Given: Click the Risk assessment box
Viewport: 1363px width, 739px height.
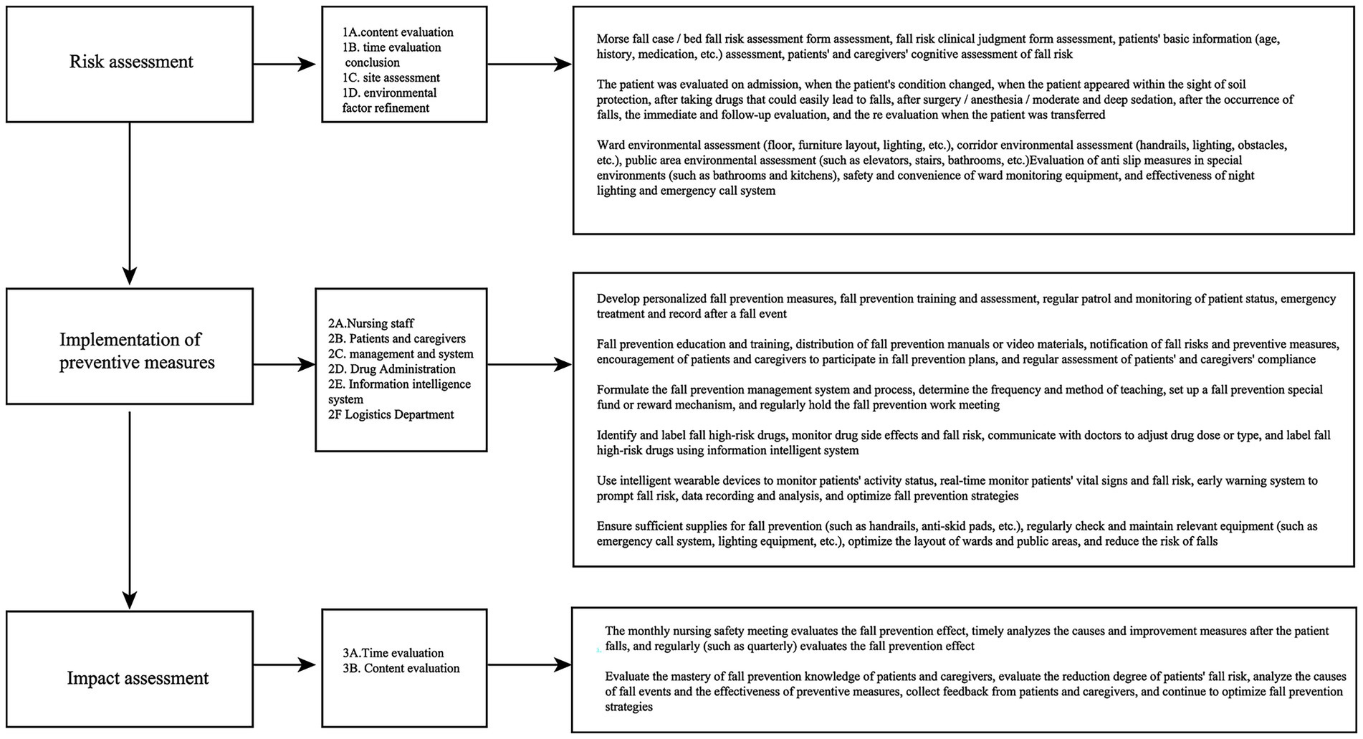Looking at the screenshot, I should click(x=130, y=63).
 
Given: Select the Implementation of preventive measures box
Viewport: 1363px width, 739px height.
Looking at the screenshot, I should click(x=130, y=350).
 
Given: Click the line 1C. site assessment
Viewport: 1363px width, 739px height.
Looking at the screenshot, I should click(x=391, y=77).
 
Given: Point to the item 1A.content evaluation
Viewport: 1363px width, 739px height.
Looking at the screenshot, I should click(x=398, y=32).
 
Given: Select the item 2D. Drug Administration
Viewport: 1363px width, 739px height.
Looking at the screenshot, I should click(x=391, y=369).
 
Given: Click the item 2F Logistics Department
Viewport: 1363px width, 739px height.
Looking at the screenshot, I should click(x=391, y=414).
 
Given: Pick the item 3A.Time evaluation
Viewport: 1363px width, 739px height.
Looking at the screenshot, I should click(x=393, y=653).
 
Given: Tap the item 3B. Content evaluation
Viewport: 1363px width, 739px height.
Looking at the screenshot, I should click(x=401, y=668).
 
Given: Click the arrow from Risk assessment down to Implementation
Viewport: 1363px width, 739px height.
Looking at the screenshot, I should click(x=130, y=204).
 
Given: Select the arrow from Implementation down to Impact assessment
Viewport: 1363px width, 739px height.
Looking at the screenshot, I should click(x=130, y=509).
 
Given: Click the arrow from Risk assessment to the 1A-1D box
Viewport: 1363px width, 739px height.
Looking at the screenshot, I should click(x=284, y=65).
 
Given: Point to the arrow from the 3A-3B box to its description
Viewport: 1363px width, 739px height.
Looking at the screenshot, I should click(x=529, y=666).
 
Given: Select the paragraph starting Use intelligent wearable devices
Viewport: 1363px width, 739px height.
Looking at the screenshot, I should click(x=957, y=488).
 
